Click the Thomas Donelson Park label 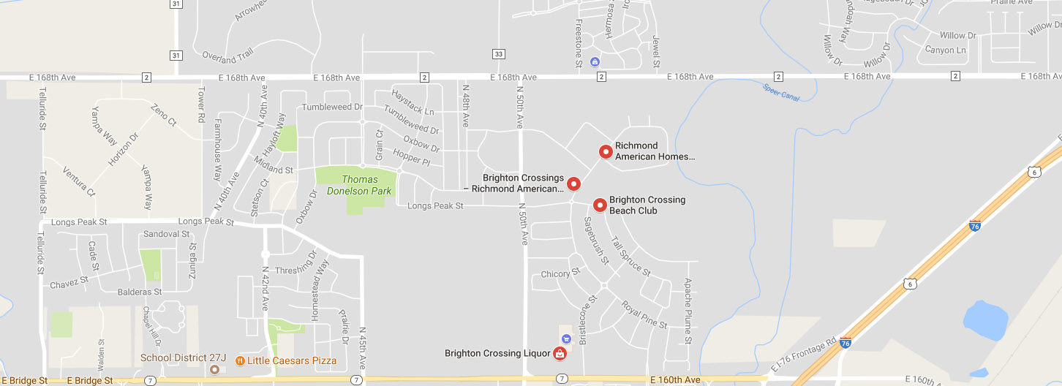[x=361, y=185]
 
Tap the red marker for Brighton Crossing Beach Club [x=600, y=205]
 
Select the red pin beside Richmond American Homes [x=606, y=151]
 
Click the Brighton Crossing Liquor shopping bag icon [x=560, y=354]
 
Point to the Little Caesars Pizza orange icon [x=239, y=360]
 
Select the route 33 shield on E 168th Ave [x=499, y=54]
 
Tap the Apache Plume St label [x=688, y=311]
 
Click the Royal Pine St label [x=644, y=314]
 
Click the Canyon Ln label [x=945, y=50]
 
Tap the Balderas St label [x=140, y=291]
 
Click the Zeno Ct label [x=163, y=116]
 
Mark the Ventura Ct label [x=79, y=181]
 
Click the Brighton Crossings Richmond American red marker [x=573, y=183]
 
